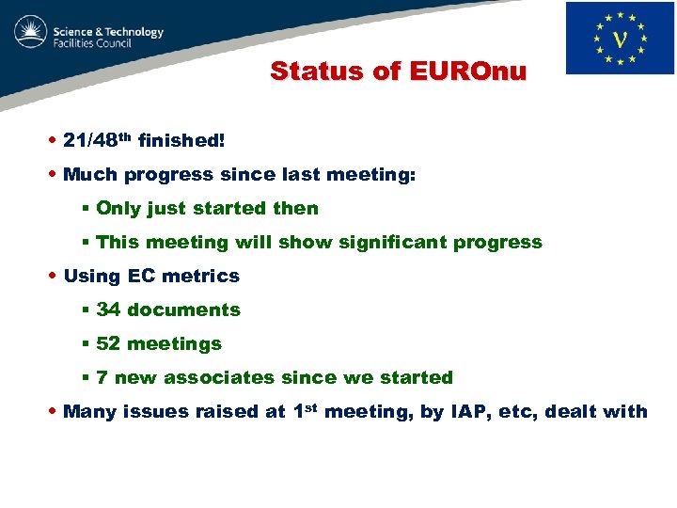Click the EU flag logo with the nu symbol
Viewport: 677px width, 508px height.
(620, 38)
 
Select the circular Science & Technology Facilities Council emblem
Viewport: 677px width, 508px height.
(31, 34)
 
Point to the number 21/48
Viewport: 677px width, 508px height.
(91, 141)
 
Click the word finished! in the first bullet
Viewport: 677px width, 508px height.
(181, 141)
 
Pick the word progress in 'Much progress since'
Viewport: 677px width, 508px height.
(178, 175)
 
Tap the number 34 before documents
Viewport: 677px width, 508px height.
(108, 310)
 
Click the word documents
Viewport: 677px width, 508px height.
(183, 310)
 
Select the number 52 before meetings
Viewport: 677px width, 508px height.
(108, 344)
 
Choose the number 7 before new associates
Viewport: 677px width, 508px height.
(102, 378)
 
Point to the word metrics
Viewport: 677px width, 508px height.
(200, 277)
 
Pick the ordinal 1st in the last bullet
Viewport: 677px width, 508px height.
(306, 410)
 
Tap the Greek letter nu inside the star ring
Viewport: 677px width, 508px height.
(621, 39)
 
